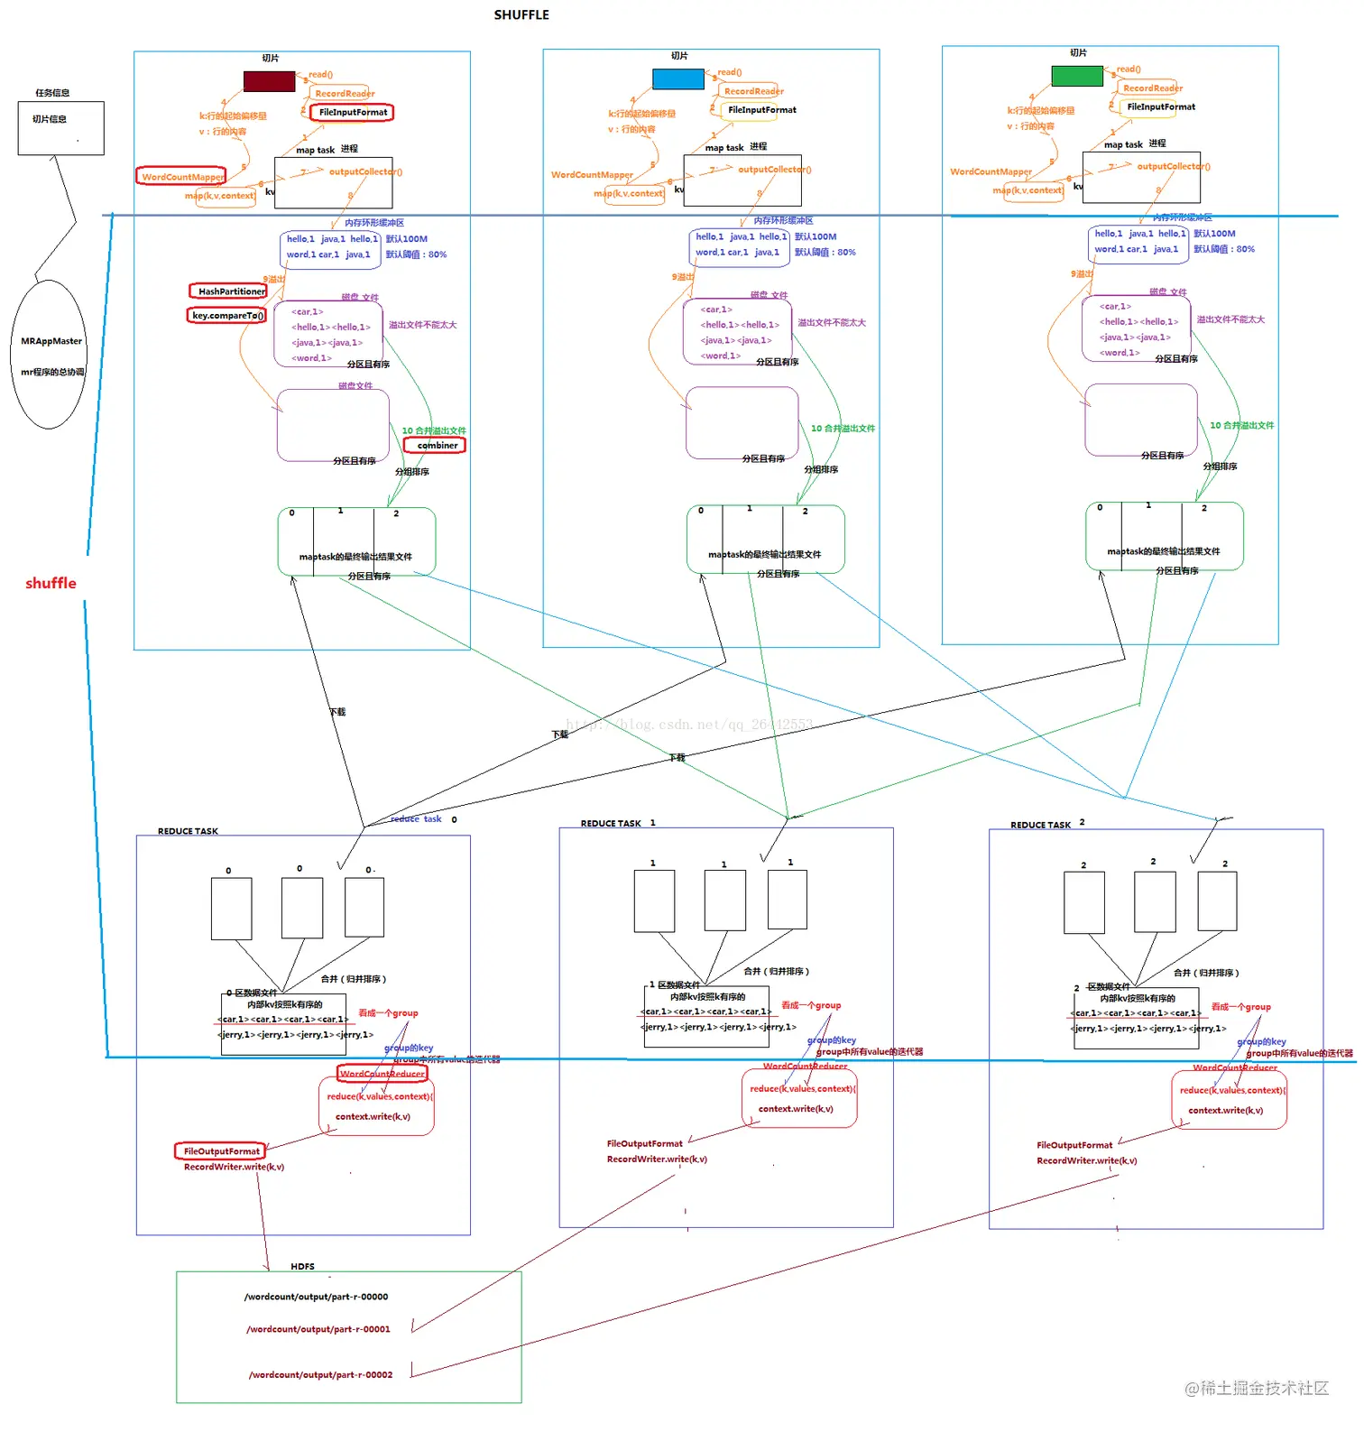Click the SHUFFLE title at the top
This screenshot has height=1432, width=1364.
point(521,15)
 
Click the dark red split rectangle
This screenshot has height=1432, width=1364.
point(269,81)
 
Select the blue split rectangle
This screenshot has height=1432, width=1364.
point(677,79)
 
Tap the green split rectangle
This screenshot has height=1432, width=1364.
point(1076,76)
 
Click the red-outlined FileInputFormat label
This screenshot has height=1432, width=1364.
point(352,113)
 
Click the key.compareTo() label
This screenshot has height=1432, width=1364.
point(227,316)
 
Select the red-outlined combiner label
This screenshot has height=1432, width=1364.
point(436,446)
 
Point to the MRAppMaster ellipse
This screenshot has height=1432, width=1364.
point(50,355)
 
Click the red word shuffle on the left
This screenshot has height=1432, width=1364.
point(51,584)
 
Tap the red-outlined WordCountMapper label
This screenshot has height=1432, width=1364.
point(181,177)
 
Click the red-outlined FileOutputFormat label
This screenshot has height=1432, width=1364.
point(220,1151)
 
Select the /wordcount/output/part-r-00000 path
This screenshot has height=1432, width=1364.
point(316,1298)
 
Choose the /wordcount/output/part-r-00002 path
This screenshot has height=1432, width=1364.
point(320,1375)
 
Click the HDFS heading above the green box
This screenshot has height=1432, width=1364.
point(302,1267)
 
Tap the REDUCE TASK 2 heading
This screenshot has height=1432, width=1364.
point(1046,825)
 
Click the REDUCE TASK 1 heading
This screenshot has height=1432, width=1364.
point(617,824)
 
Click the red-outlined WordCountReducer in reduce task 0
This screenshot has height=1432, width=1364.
point(382,1074)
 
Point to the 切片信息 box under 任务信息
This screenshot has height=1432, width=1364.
point(60,128)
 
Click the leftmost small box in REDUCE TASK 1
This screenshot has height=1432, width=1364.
point(654,901)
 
